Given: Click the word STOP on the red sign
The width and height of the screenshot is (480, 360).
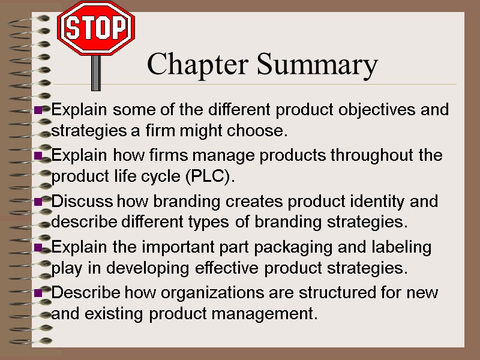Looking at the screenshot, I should click(x=96, y=28).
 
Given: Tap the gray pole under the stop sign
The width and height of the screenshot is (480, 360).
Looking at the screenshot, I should click(x=95, y=73).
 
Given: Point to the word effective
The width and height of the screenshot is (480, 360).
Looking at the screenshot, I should click(x=232, y=268).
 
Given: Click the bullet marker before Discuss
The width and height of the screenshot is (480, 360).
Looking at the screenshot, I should click(x=38, y=202).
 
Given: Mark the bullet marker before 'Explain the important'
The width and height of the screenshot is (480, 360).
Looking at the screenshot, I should click(x=38, y=247).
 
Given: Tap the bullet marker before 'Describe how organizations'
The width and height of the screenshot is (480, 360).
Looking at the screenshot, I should click(x=38, y=293).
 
